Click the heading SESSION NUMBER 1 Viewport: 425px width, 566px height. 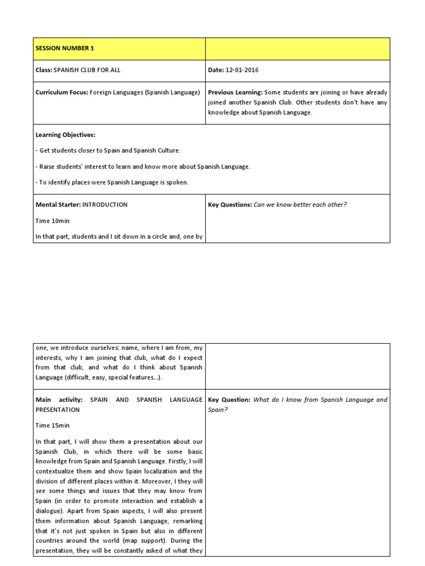click(65, 49)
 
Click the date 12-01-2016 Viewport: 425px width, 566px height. click(242, 70)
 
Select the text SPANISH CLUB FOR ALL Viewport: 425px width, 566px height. click(87, 70)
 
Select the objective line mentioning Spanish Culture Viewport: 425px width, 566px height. click(108, 150)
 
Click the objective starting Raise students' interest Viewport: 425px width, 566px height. click(143, 166)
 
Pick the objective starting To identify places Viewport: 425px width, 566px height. click(112, 182)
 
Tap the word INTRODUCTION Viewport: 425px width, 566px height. click(105, 205)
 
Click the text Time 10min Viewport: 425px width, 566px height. click(53, 221)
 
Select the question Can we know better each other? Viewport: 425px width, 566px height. click(300, 205)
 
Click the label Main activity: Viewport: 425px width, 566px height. click(59, 400)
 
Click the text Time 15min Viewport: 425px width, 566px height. click(53, 426)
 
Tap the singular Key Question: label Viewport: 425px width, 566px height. click(229, 400)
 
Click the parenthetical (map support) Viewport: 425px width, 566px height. click(141, 540)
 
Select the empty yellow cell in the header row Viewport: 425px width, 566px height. click(297, 49)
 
